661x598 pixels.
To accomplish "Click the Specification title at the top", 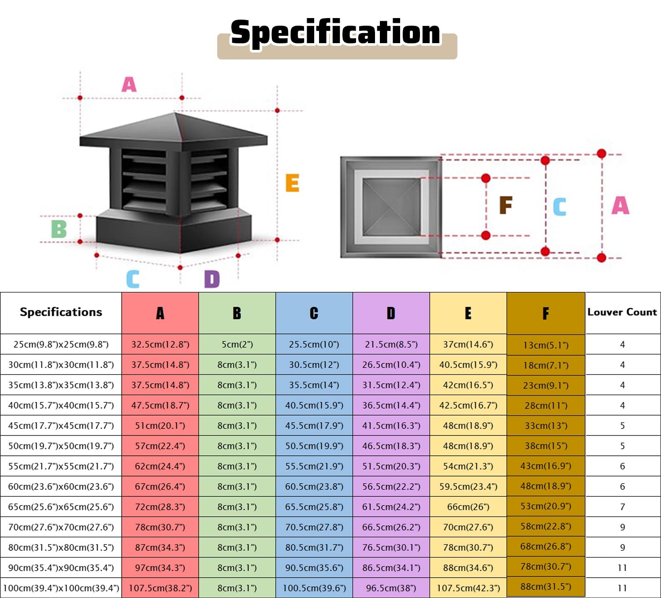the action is (x=335, y=33).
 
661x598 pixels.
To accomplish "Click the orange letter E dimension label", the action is (x=292, y=183).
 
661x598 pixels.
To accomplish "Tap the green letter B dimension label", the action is (x=59, y=229).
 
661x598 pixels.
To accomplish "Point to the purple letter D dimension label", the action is (x=212, y=279).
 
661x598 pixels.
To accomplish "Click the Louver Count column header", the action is (x=622, y=312).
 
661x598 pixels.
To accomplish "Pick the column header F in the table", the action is (x=546, y=313).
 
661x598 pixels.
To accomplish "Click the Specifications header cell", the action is (x=61, y=312).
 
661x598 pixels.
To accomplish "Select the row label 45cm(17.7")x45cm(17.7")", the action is (x=61, y=426).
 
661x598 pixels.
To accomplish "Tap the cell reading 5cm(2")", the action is (x=237, y=344).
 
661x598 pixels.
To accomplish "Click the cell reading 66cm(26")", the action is (x=468, y=507).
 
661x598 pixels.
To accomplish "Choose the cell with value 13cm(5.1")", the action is (x=546, y=345).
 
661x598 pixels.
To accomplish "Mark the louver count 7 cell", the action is (x=622, y=507).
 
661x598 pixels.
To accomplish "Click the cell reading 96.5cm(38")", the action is (x=391, y=588).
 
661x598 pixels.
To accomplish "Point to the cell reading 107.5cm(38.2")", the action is (x=160, y=588).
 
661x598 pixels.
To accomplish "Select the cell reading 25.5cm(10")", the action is (x=314, y=344).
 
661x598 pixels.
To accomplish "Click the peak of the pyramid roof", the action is (x=175, y=113).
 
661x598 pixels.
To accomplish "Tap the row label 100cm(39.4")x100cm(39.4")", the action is (x=61, y=588).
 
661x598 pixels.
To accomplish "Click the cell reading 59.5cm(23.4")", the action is (x=468, y=486).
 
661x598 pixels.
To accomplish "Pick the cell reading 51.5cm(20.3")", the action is (x=391, y=466).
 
